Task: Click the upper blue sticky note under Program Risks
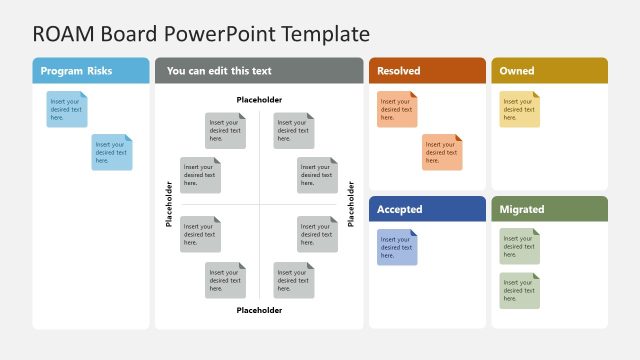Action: point(67,109)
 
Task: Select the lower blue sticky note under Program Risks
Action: point(112,152)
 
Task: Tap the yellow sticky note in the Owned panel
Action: point(519,109)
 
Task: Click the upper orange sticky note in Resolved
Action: point(397,109)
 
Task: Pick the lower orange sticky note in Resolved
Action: point(442,152)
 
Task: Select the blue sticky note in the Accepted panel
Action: point(397,247)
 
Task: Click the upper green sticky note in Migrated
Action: point(519,246)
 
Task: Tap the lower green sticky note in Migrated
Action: point(519,290)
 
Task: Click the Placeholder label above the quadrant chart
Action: point(259,100)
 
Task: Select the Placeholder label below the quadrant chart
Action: point(259,310)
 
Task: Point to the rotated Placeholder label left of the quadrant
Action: point(169,204)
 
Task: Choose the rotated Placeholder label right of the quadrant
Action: point(350,204)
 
